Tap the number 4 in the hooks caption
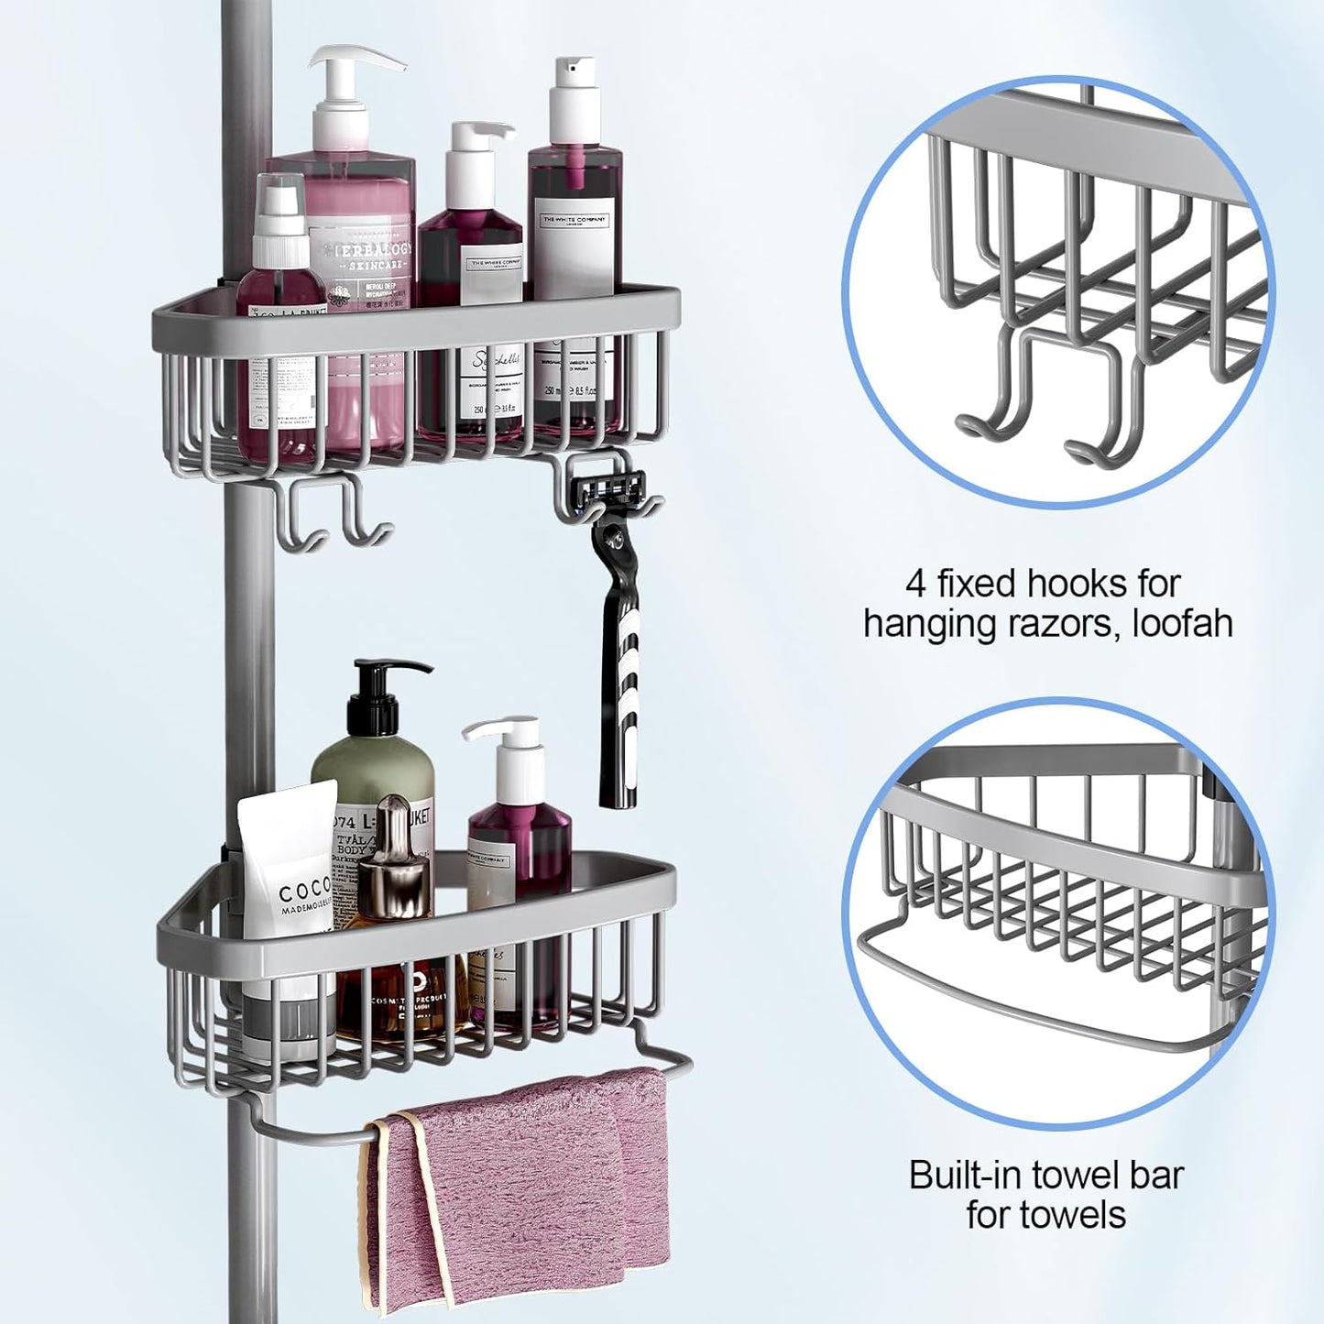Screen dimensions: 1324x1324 point(915,584)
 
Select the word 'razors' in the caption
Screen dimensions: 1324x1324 point(1059,624)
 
